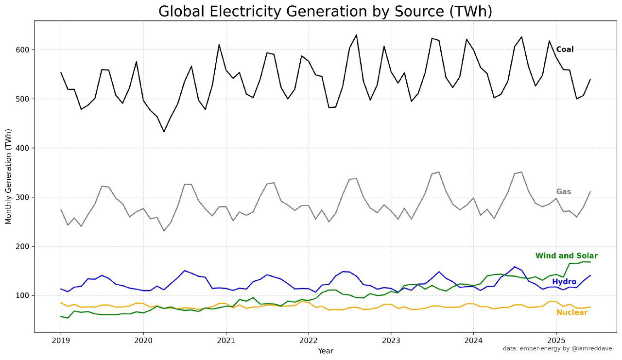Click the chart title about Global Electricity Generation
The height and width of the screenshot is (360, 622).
pos(325,11)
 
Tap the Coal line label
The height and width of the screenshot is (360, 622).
pos(565,50)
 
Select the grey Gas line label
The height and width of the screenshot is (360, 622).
pos(564,192)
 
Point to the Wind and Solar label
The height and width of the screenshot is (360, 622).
pos(566,256)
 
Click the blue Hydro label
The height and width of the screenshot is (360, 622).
pos(564,282)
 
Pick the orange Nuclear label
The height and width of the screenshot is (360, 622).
pos(572,312)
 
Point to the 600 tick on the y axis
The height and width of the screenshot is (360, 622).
pos(23,50)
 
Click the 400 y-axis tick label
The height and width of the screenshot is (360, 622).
pos(23,148)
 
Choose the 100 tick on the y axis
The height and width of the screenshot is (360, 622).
pos(23,295)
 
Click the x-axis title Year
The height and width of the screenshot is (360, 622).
pos(325,351)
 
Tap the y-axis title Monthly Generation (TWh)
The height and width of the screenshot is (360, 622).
pos(8,176)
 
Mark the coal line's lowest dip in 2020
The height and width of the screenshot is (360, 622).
pos(164,132)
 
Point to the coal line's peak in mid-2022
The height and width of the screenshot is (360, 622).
pos(356,35)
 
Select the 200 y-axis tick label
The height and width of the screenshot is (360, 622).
pos(23,246)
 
